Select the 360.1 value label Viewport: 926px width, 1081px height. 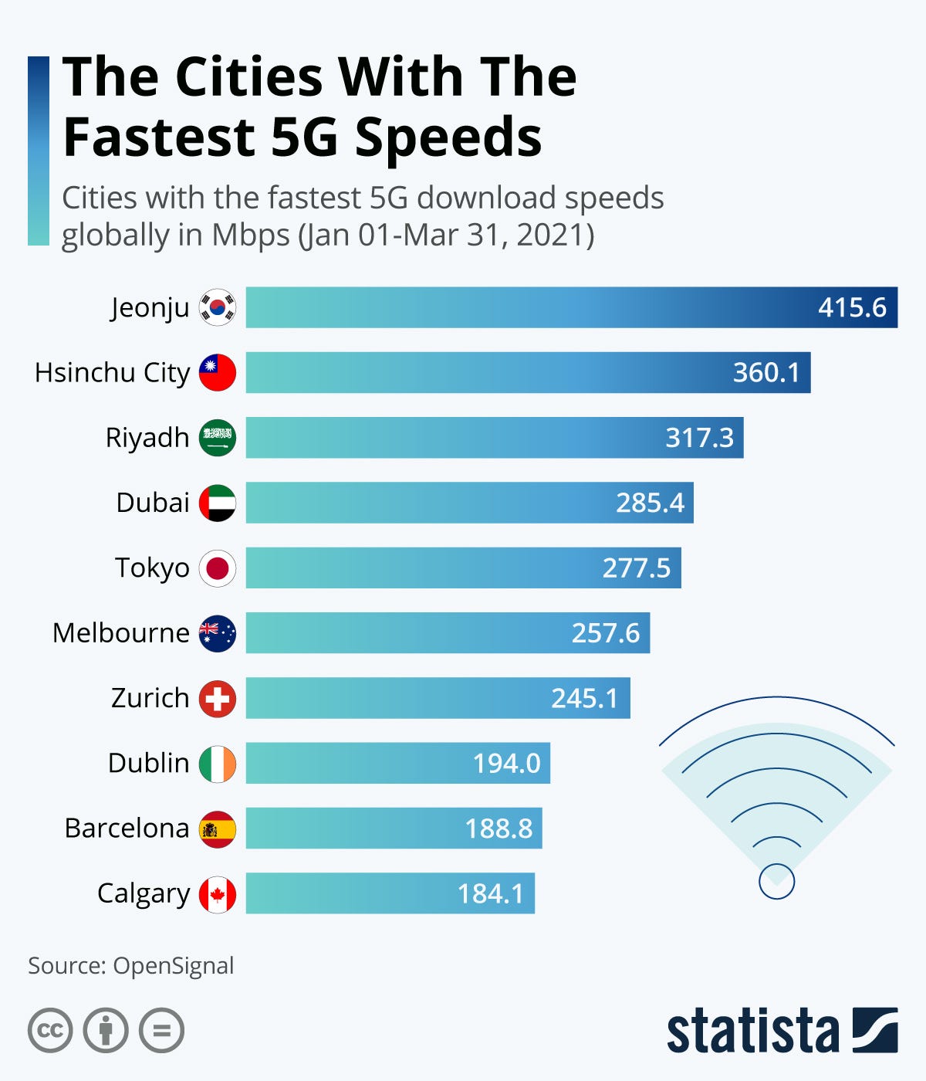(765, 373)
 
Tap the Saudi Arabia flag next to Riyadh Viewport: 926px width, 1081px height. (218, 438)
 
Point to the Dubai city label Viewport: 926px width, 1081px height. (153, 503)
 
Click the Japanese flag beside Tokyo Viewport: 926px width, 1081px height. (218, 568)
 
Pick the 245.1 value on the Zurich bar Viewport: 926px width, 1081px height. (584, 698)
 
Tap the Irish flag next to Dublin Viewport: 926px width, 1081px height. (218, 764)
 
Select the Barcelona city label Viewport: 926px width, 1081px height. (127, 829)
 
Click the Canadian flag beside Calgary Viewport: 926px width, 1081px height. (218, 894)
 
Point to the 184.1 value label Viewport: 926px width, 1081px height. (490, 894)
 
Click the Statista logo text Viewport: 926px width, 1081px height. (752, 1031)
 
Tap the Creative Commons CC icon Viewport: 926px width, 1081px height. (50, 1031)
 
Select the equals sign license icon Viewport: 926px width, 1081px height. (162, 1031)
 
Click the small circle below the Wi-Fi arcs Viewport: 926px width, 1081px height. (776, 881)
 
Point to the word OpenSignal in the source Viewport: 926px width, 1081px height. (173, 966)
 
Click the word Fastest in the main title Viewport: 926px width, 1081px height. (158, 137)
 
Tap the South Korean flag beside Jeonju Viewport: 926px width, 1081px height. (218, 307)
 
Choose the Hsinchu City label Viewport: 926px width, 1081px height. (112, 373)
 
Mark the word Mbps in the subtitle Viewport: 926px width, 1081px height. (250, 235)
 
